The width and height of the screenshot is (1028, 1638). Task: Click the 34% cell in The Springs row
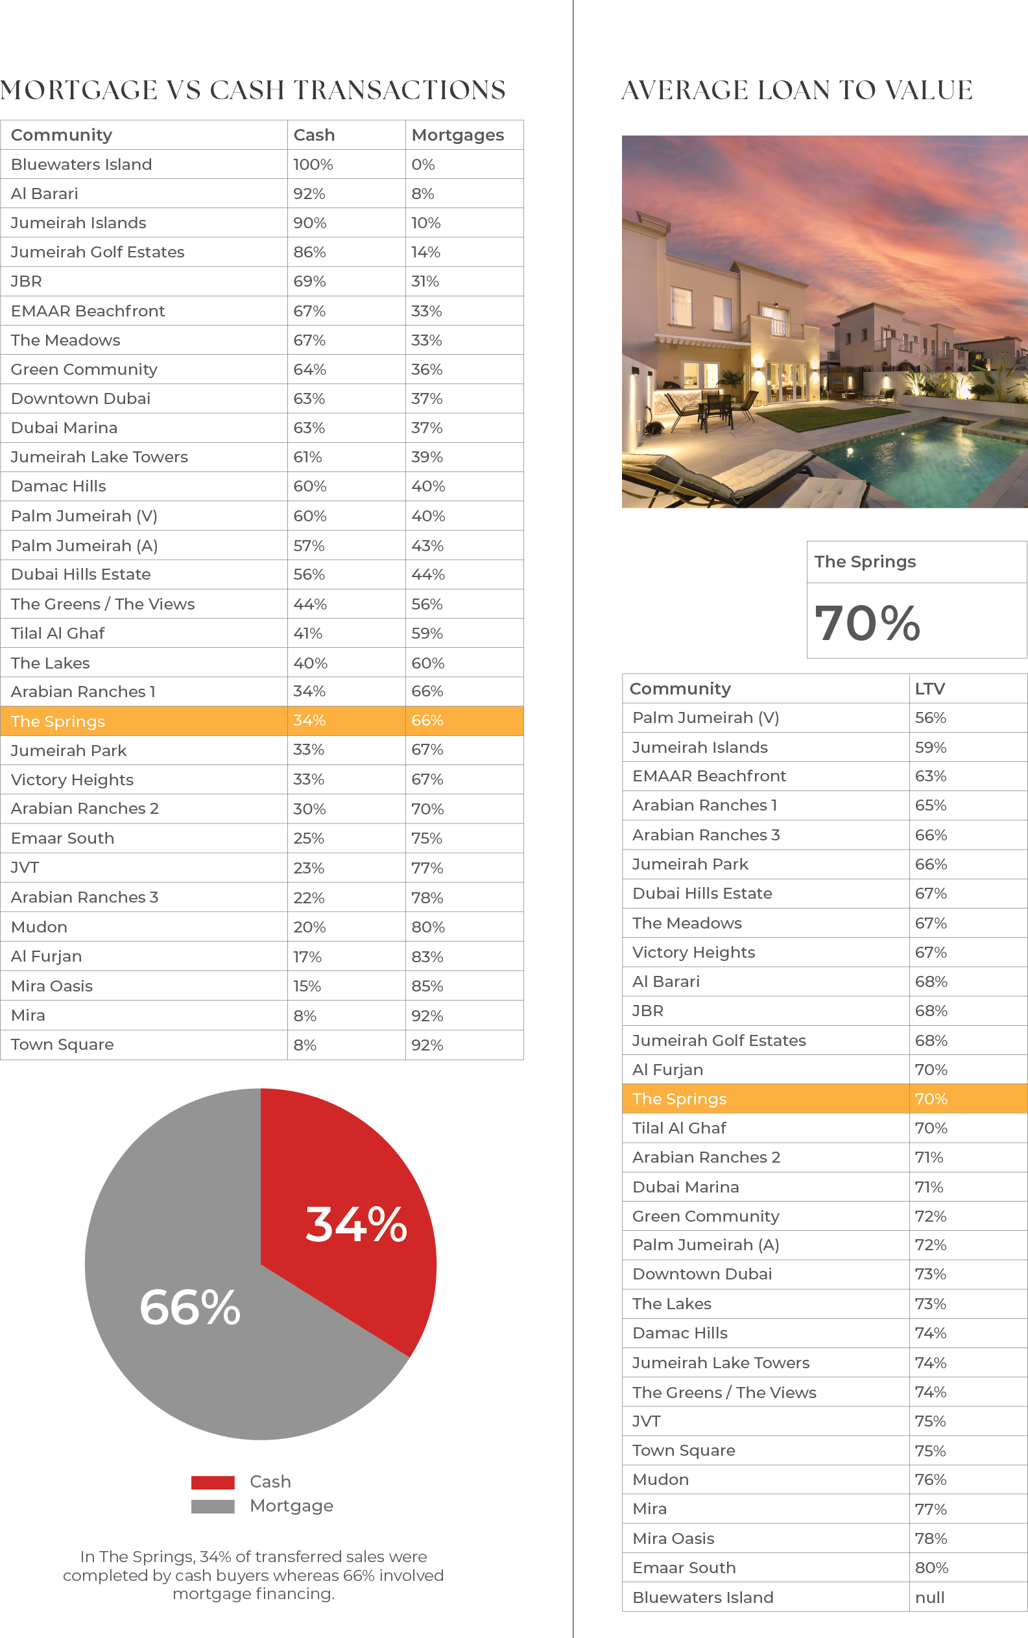309,720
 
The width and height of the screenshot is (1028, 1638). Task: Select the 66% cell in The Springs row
427,720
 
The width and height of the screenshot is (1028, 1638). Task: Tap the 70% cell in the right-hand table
931,1099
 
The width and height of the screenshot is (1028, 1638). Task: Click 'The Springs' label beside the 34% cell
58,721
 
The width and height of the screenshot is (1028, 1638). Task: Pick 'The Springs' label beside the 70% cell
679,1099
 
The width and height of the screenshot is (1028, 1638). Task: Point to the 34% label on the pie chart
356,1225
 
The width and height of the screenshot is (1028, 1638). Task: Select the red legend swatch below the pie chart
221,1487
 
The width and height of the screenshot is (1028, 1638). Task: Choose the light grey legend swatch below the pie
221,1507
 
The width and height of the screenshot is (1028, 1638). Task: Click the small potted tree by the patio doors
732,385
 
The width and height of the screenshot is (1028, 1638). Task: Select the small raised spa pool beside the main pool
1006,428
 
